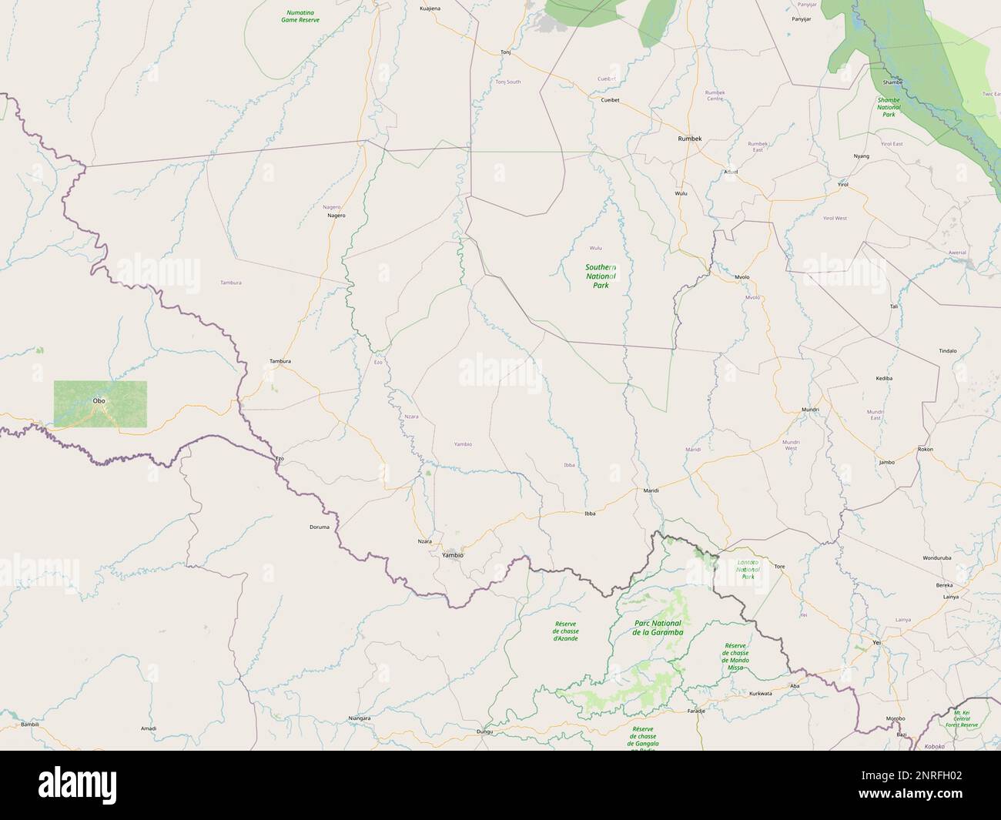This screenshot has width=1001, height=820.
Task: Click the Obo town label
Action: (x=99, y=401)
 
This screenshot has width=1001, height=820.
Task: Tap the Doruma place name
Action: (x=320, y=527)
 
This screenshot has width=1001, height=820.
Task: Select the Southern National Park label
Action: (x=601, y=276)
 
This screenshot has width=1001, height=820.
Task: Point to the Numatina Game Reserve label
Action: (x=301, y=16)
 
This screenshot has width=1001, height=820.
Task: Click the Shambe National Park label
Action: (x=889, y=107)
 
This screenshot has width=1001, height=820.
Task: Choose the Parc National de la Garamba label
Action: (x=658, y=628)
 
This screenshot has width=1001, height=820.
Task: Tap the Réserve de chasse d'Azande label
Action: (x=566, y=631)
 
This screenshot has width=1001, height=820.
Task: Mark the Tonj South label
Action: (x=508, y=82)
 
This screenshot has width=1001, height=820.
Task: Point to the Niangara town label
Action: (x=360, y=718)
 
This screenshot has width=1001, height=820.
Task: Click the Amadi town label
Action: (x=149, y=728)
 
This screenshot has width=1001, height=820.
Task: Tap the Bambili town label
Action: (x=30, y=725)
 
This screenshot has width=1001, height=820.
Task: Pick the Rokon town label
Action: (x=926, y=449)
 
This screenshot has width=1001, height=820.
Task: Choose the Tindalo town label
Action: (x=947, y=350)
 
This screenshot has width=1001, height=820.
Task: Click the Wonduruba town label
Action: (x=937, y=557)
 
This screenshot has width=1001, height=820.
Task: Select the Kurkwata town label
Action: (x=760, y=694)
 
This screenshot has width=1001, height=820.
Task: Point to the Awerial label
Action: (x=957, y=253)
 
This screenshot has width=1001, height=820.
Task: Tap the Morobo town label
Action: (x=896, y=718)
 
